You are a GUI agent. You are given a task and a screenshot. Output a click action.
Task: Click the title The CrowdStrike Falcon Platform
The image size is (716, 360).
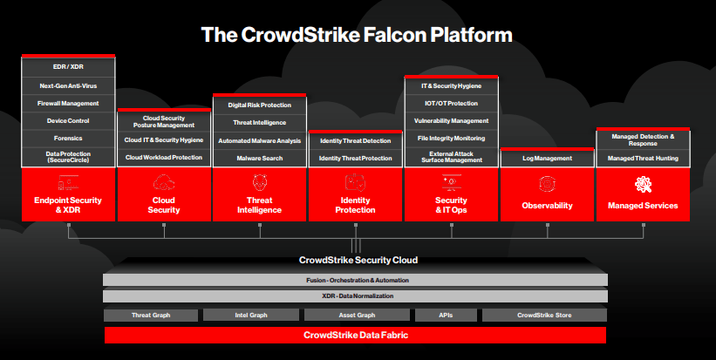tap(357, 35)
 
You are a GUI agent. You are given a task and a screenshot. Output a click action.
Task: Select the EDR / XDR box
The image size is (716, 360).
tap(69, 67)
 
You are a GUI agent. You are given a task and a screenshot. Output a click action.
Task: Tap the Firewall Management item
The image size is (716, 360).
tap(69, 104)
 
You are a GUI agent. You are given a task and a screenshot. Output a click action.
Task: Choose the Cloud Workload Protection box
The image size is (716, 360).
tap(164, 158)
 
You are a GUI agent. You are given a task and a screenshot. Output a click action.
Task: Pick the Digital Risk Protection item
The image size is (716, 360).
tap(260, 105)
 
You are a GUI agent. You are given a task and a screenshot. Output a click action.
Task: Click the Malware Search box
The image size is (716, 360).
tap(260, 158)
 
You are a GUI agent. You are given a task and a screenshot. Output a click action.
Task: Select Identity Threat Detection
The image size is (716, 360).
tap(356, 140)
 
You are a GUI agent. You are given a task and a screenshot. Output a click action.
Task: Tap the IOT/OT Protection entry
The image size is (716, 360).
tap(451, 103)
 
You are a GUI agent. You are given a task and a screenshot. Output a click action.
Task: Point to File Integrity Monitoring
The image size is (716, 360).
tap(451, 139)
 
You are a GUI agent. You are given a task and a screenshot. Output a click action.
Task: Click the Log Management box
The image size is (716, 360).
tap(547, 158)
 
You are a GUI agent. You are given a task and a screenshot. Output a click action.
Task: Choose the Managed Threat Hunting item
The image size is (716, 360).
tap(643, 158)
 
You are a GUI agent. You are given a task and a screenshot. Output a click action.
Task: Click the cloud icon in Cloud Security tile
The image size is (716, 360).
tap(164, 183)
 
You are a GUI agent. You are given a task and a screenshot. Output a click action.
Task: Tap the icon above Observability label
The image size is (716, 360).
tap(547, 183)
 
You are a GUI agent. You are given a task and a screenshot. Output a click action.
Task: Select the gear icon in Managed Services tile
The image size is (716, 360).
tap(643, 183)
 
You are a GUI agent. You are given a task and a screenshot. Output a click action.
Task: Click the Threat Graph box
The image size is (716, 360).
tap(150, 315)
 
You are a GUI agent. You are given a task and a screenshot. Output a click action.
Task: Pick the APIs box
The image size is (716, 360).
tap(446, 315)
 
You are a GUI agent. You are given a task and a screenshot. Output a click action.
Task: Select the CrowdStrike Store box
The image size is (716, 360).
tap(544, 315)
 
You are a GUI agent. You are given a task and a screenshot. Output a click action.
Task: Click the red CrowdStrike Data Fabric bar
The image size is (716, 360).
tap(355, 335)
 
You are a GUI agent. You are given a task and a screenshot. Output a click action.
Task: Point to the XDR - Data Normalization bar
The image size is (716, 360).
tap(355, 296)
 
